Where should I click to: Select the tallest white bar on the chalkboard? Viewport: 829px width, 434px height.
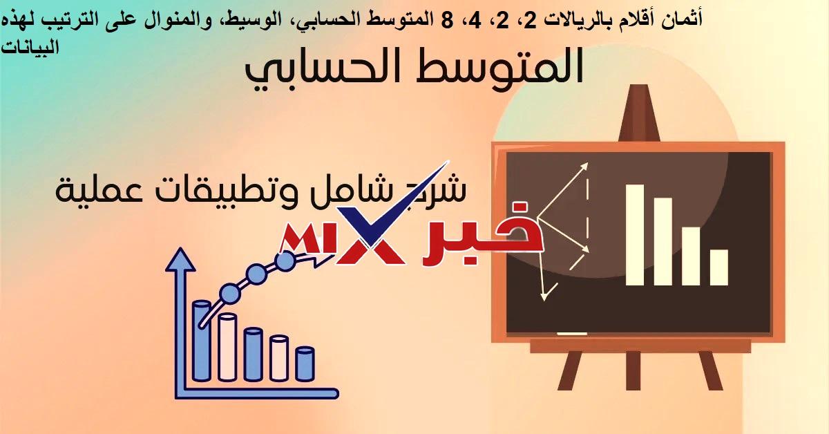pyautogui.click(x=635, y=234)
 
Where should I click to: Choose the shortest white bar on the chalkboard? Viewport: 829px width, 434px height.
pyautogui.click(x=718, y=267)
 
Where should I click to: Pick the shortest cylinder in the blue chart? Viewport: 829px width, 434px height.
pyautogui.click(x=305, y=364)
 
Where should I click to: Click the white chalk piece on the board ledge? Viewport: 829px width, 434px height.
pyautogui.click(x=571, y=333)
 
